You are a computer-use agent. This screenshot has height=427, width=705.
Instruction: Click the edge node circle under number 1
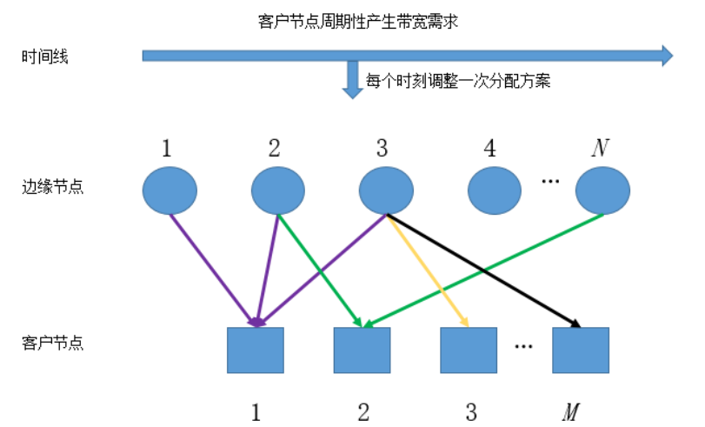pyautogui.click(x=170, y=190)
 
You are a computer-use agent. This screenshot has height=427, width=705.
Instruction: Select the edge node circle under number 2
pyautogui.click(x=278, y=190)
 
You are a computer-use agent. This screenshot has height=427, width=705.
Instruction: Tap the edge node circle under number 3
pyautogui.click(x=386, y=190)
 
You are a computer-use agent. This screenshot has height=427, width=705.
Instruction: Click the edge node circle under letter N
pyautogui.click(x=602, y=190)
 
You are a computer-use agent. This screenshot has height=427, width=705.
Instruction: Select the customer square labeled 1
pyautogui.click(x=256, y=350)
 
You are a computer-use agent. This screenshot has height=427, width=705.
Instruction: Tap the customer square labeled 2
pyautogui.click(x=362, y=350)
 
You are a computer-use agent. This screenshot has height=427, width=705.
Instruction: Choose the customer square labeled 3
pyautogui.click(x=469, y=350)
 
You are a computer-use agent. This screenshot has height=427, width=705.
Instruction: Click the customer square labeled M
pyautogui.click(x=581, y=350)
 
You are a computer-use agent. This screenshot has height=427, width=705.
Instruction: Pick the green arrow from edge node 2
pyautogui.click(x=319, y=270)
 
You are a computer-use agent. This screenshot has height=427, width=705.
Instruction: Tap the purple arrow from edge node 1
pyautogui.click(x=212, y=268)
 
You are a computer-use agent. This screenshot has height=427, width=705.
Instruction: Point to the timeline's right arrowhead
pyautogui.click(x=665, y=56)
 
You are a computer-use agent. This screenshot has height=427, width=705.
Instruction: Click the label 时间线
pyautogui.click(x=45, y=57)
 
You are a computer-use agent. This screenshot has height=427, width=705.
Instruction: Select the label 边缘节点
pyautogui.click(x=52, y=186)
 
